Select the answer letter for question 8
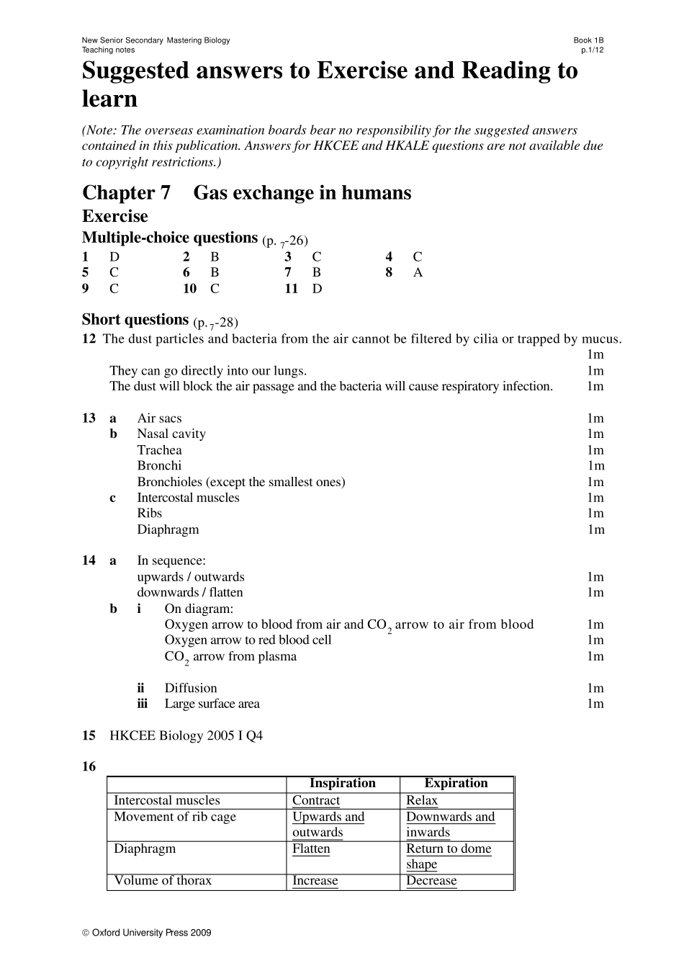tap(418, 273)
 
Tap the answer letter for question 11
tap(317, 289)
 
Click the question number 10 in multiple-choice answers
tap(189, 289)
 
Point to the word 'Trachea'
tap(159, 450)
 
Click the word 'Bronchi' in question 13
tap(159, 466)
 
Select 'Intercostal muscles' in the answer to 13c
tap(188, 498)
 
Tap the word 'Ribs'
tap(149, 514)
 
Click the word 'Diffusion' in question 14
tap(190, 689)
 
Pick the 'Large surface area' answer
tap(212, 704)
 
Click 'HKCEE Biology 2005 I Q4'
tap(186, 736)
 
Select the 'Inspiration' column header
tap(343, 784)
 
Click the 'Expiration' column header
tap(456, 784)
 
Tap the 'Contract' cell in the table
tap(316, 801)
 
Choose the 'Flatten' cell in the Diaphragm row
tap(311, 849)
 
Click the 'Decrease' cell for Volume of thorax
tap(431, 882)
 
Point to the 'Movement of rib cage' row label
tap(175, 817)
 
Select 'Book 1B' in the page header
tap(588, 40)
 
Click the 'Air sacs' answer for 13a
tap(159, 418)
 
